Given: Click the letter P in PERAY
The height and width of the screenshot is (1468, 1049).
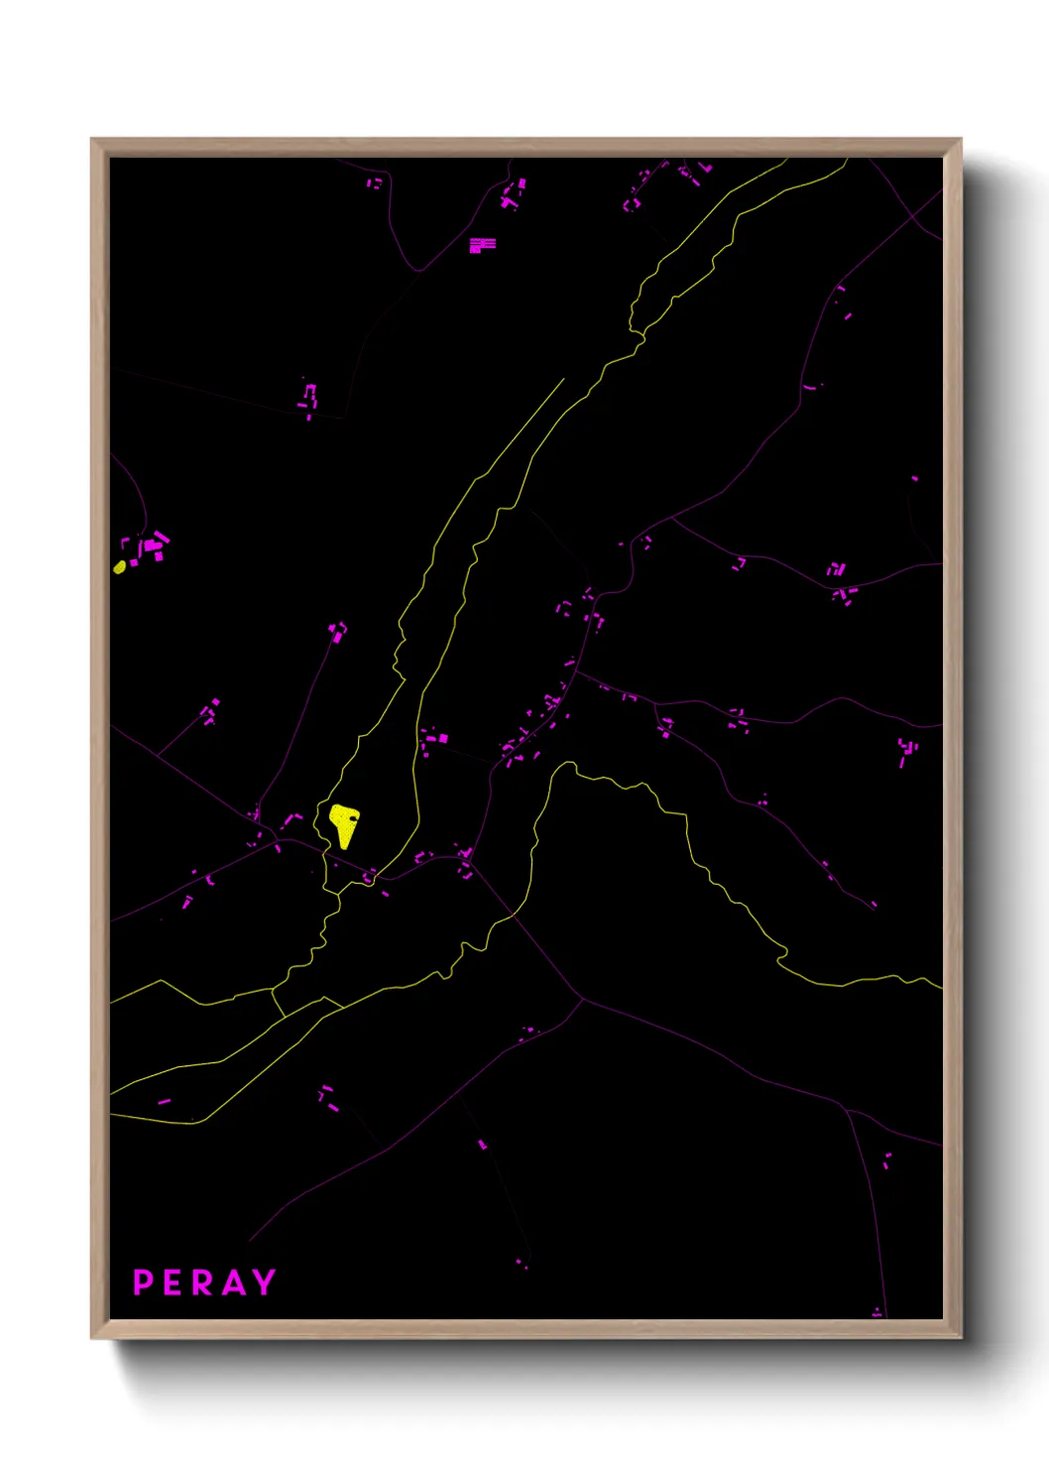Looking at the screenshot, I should coord(143,1283).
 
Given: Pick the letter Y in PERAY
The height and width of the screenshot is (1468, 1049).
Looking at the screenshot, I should coord(264,1283).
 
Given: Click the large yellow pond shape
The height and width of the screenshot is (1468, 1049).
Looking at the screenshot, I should coord(344,824).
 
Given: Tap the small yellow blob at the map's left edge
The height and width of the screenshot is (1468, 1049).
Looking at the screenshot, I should coord(120,566).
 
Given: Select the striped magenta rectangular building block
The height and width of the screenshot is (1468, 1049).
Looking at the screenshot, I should coord(482,244).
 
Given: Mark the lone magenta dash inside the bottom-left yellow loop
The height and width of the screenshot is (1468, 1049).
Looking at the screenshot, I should coord(164,1101).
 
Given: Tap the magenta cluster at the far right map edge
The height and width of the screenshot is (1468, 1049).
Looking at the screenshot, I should coord(907,752).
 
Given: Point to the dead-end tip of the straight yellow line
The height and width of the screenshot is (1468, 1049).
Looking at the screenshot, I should coord(563,379).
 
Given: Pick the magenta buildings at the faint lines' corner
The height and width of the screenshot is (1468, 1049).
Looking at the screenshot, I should coord(309,398).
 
